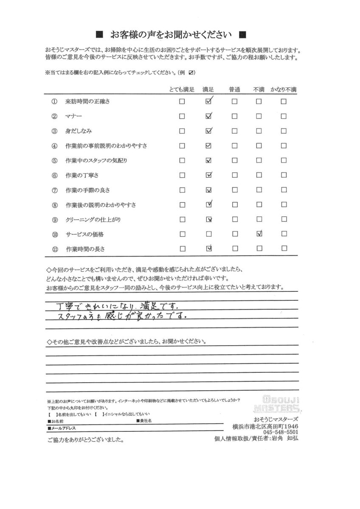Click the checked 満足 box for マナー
coord(208,116)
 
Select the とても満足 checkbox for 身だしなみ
coord(182,131)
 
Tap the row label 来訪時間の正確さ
coord(88,102)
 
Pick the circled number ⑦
coord(54,190)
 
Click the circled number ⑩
coord(54,234)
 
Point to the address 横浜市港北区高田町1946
coord(266,425)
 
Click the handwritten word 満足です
coord(161,305)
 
